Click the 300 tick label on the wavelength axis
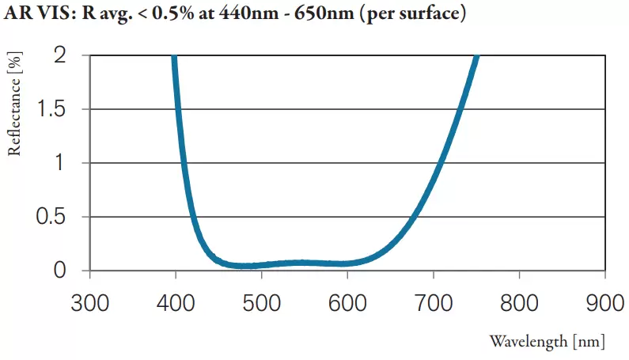point(89,304)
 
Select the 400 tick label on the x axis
point(175,304)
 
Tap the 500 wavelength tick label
point(261,304)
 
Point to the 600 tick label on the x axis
point(347,304)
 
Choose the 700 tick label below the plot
point(433,304)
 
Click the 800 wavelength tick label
point(519,304)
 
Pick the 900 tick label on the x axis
point(604,304)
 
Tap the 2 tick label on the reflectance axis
point(59,55)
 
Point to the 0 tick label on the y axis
point(59,271)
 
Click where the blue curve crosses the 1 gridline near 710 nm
point(439,163)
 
